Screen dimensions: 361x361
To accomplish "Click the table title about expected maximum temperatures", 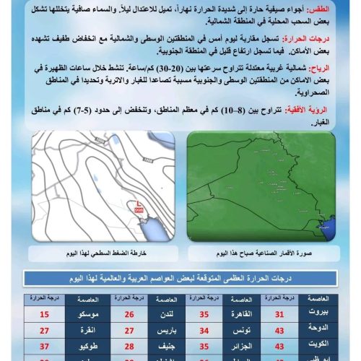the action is (180, 279).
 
